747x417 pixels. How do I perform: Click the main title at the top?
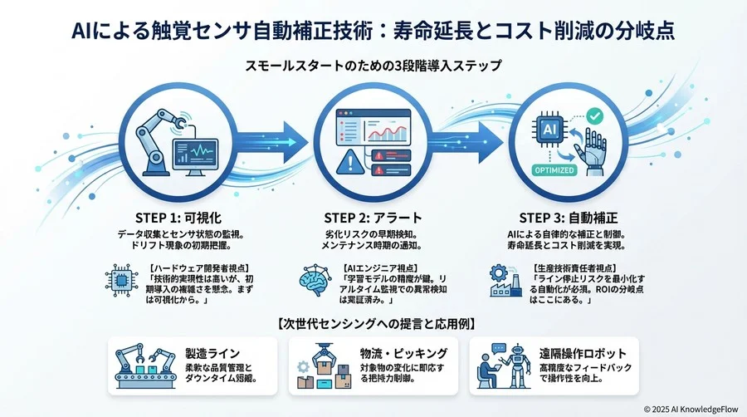coord(373,32)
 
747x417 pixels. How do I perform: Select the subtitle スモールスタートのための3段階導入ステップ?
coord(373,64)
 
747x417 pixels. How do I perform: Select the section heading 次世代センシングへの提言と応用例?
coord(373,322)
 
